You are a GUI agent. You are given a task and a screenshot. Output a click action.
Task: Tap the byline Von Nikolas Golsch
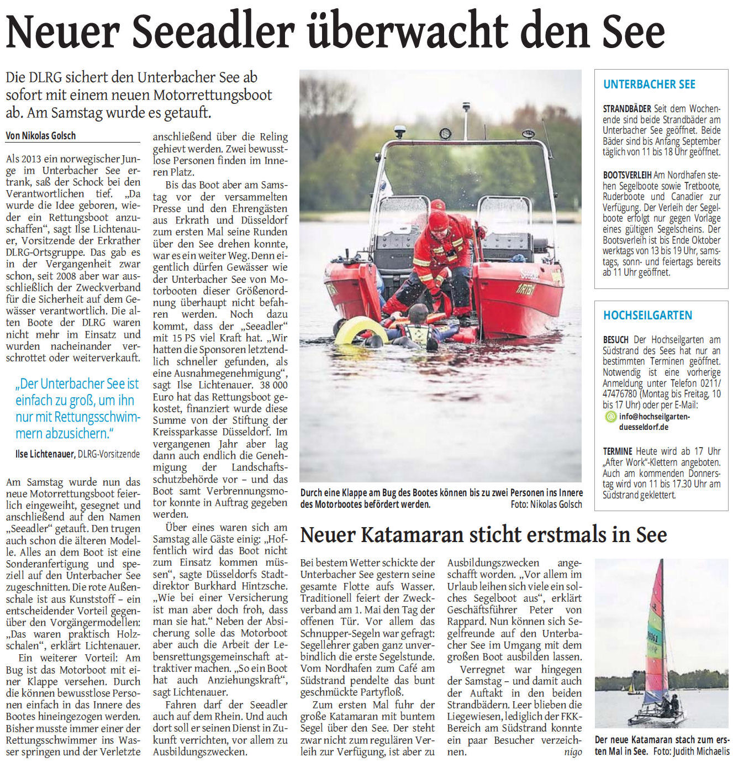(x=41, y=135)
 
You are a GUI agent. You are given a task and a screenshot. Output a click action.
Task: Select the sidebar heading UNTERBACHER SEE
(x=649, y=85)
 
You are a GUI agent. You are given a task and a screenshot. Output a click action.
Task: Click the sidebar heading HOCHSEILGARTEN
(x=647, y=316)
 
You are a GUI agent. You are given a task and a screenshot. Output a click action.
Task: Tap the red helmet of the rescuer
(x=438, y=220)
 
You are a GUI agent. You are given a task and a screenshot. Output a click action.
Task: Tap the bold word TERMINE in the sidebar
(x=618, y=451)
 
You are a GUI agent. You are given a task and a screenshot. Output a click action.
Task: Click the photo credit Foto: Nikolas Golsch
(x=546, y=504)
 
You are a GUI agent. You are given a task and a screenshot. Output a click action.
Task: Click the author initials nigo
(x=572, y=752)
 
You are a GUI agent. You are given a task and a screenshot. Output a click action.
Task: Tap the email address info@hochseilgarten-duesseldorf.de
(x=654, y=422)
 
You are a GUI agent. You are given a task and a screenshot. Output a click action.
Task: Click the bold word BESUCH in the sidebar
(x=615, y=340)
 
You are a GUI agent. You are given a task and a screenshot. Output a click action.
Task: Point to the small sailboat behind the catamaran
(x=631, y=688)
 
